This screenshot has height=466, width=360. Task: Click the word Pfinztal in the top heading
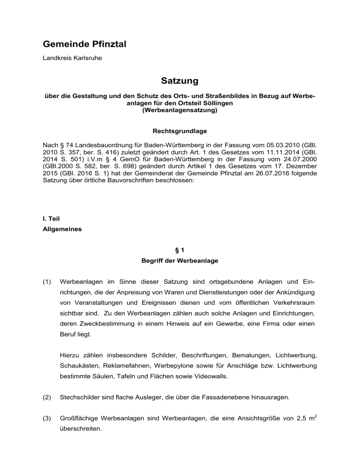coord(106,45)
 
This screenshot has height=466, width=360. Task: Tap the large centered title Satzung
coord(180,81)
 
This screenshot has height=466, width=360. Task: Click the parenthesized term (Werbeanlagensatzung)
coord(180,111)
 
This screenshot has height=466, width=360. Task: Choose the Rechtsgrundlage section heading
coord(180,131)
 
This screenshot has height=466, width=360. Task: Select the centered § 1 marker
coord(180,252)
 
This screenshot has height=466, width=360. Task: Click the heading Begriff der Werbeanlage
coord(180,263)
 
